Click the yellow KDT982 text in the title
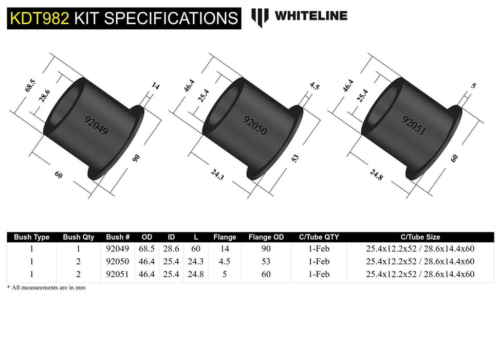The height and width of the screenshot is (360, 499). [x=39, y=19]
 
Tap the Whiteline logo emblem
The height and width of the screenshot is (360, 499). [x=260, y=17]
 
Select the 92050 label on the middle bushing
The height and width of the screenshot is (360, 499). [x=255, y=125]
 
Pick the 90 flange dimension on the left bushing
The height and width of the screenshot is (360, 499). [x=136, y=158]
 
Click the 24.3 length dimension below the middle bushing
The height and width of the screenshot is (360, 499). [x=218, y=176]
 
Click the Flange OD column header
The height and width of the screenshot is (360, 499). [x=266, y=237]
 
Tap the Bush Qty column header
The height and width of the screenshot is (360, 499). [x=79, y=237]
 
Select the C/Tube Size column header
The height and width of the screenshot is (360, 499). [x=420, y=237]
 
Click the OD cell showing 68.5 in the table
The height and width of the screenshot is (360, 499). [x=147, y=249]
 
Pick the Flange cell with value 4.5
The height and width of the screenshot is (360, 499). [x=225, y=261]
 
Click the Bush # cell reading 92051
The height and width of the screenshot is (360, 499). [x=118, y=274]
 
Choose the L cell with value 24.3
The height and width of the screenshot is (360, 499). [x=195, y=261]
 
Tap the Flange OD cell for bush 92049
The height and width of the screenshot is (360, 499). [x=266, y=249]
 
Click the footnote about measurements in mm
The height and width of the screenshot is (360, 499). [x=46, y=287]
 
